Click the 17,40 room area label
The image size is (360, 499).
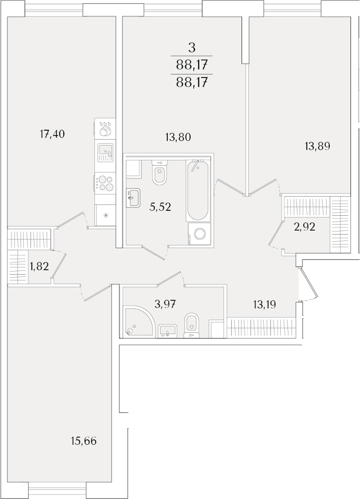(52, 134)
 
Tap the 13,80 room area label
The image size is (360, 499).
(178, 137)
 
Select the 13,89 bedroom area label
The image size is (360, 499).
(317, 146)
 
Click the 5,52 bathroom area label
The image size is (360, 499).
(160, 207)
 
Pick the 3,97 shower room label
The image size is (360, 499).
(165, 304)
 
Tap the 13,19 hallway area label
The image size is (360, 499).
(264, 305)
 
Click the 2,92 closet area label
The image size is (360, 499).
(304, 227)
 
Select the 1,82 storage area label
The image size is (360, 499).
(39, 266)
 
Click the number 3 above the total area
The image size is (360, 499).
(191, 48)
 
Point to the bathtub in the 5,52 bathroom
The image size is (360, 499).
(198, 190)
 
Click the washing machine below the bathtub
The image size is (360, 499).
(200, 234)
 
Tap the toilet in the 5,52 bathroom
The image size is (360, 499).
(159, 173)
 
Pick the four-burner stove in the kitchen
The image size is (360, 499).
(105, 183)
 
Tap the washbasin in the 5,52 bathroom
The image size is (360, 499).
(133, 197)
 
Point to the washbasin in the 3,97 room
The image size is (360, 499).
(168, 330)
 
